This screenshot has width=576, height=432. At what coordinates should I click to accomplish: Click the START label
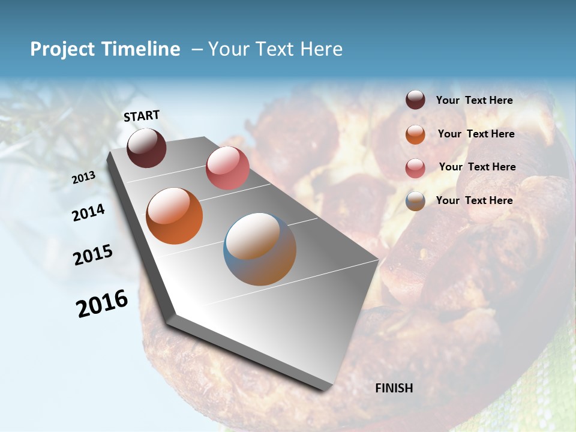pos(142,116)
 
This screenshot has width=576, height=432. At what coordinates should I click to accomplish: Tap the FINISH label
pos(394,388)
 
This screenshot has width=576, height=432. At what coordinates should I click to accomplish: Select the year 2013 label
pos(84,178)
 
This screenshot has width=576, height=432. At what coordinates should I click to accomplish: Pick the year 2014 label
pos(89,213)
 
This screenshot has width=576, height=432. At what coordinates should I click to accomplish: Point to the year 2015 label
pos(93,255)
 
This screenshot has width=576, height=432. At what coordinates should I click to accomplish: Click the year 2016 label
pos(102,304)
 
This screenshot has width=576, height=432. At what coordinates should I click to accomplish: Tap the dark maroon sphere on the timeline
pos(146,148)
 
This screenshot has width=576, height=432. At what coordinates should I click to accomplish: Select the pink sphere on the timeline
pos(227,167)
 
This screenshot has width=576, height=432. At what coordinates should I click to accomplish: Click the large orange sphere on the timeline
pos(174,216)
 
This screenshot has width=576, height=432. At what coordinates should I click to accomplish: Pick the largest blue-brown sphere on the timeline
pos(260,249)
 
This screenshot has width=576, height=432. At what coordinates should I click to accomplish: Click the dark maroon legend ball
pos(415,100)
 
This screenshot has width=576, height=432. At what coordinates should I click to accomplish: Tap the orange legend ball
pos(415,134)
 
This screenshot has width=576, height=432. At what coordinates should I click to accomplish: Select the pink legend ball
pos(415,167)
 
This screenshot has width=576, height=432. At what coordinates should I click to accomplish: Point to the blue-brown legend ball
pos(415,201)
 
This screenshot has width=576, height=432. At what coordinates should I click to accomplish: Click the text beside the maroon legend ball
pos(474,100)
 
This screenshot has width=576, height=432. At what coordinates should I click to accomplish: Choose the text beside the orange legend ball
pos(476,134)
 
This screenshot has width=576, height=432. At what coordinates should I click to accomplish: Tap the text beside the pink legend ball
pos(477,167)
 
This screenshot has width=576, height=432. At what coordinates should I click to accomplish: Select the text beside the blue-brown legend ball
pos(474,200)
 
